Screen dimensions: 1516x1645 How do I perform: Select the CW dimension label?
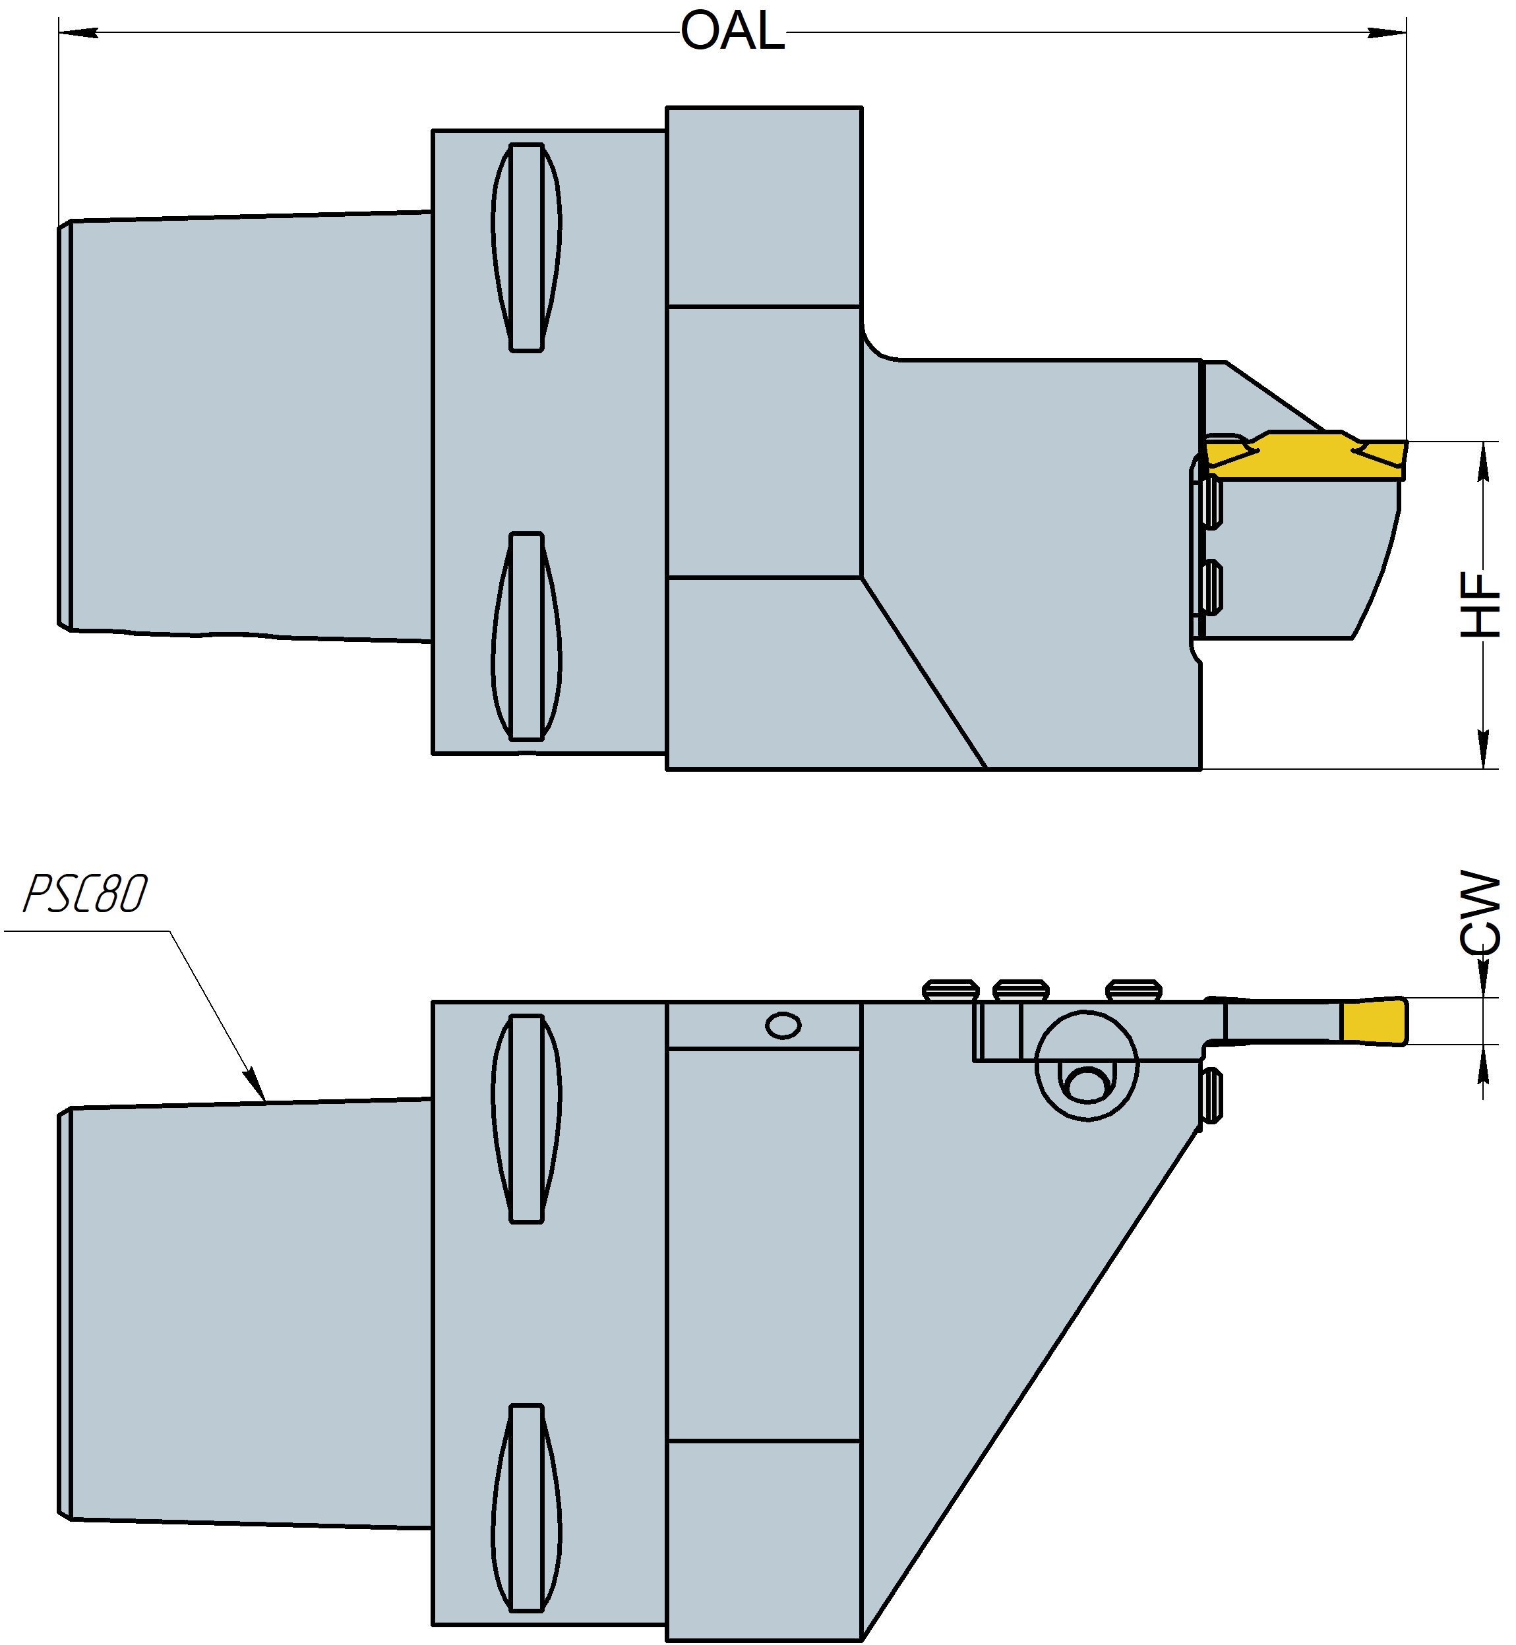[x=1482, y=913]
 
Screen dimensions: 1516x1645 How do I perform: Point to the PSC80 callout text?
[x=85, y=894]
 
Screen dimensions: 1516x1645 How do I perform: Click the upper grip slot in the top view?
[x=527, y=248]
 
